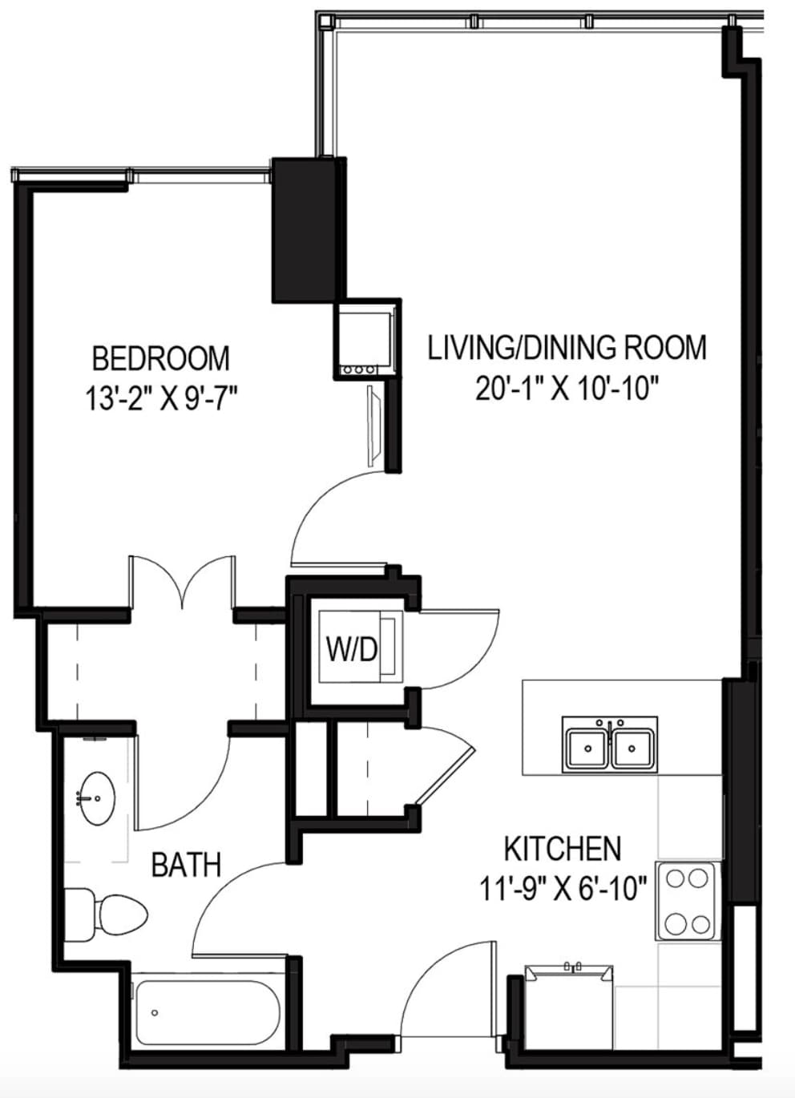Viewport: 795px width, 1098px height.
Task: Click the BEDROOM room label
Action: coord(161,358)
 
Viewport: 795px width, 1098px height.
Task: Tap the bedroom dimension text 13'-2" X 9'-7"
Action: coord(161,398)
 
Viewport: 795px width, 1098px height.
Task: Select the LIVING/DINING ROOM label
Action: coord(567,348)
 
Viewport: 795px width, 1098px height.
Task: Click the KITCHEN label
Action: coord(563,849)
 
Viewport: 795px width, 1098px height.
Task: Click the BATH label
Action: coord(186,865)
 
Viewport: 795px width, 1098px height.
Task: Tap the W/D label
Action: coord(352,650)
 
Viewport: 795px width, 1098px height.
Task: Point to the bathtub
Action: coord(209,1012)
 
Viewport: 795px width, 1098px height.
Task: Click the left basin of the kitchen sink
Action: coord(587,749)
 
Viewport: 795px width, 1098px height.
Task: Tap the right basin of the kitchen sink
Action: coord(632,749)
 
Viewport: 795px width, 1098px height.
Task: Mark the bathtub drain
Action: coord(155,1013)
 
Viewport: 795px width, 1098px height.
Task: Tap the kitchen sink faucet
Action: coord(610,725)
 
